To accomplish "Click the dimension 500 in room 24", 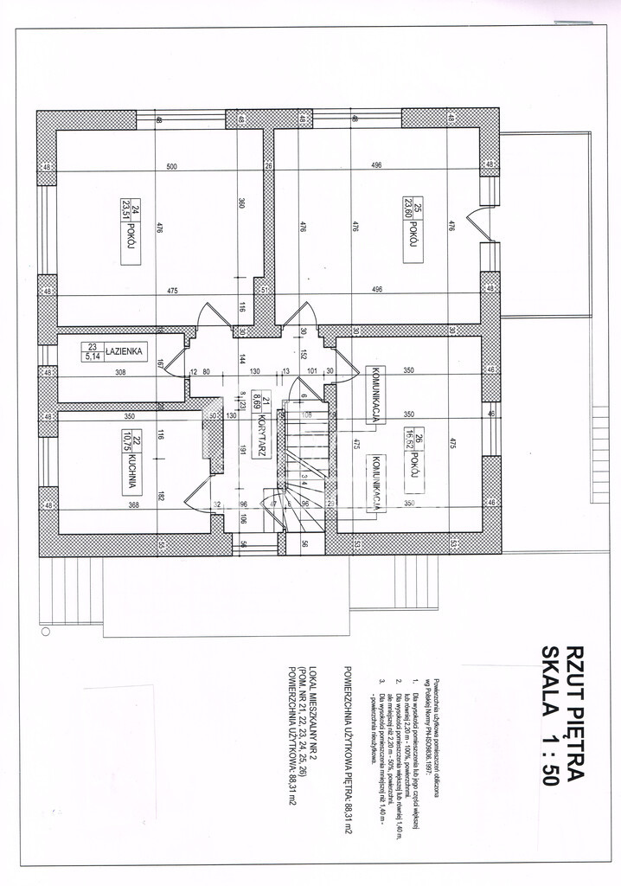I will (x=171, y=166).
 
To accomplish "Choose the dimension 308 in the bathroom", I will (x=120, y=372).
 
